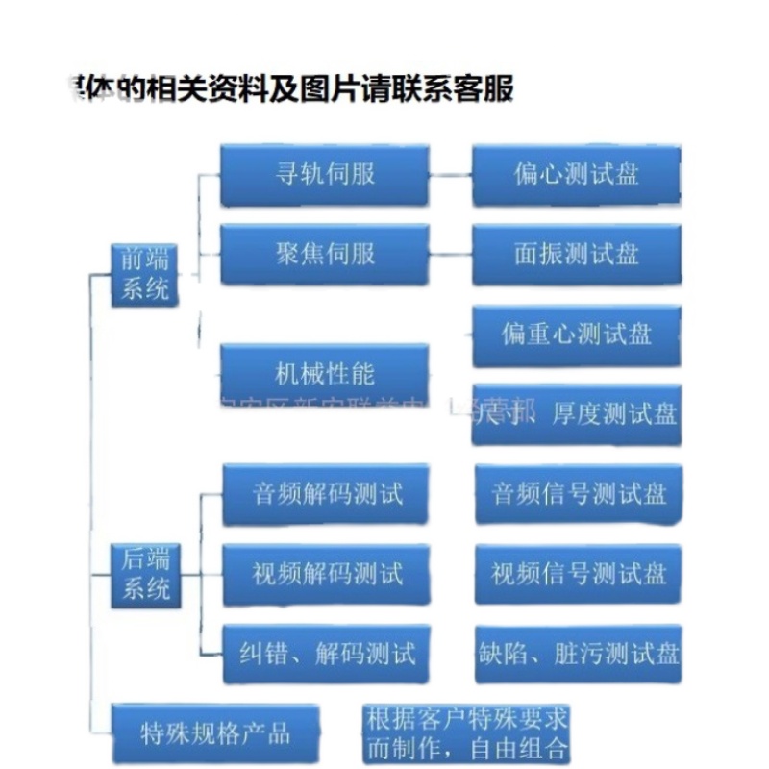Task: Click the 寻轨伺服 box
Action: tap(324, 175)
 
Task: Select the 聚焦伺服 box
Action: tap(324, 255)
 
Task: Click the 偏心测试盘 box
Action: tap(577, 175)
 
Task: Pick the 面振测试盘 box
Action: tap(577, 255)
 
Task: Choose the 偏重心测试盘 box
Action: tap(577, 335)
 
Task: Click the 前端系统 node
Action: tap(145, 275)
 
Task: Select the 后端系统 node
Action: tap(145, 575)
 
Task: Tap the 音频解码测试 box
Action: tap(325, 495)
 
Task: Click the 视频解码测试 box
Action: tap(325, 575)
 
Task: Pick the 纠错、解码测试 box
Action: tap(325, 655)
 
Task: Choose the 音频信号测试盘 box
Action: tap(578, 495)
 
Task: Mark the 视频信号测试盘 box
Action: tap(578, 575)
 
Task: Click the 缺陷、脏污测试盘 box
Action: tap(578, 655)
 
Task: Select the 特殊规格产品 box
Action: tap(215, 734)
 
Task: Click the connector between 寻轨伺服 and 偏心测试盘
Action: tap(450, 176)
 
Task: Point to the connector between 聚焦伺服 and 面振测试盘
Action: tap(450, 256)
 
